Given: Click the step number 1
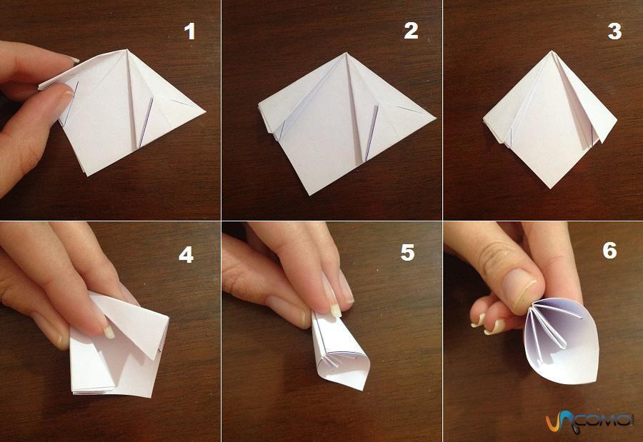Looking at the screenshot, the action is (x=189, y=31).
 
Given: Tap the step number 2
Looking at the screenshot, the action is (x=411, y=31).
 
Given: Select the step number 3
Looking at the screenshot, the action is (x=614, y=31).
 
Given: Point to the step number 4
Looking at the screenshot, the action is (x=186, y=255).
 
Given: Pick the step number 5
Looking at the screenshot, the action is (x=407, y=253).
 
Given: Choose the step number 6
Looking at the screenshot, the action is (x=609, y=250).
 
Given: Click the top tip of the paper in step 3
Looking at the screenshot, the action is (x=552, y=51).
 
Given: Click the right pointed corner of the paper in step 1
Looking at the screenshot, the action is (x=205, y=111).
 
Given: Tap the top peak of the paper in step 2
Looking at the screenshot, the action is (x=347, y=53).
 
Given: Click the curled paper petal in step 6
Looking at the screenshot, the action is (x=562, y=344).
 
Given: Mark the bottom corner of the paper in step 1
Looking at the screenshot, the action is (x=87, y=176).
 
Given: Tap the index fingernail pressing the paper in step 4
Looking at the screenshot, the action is (x=108, y=331).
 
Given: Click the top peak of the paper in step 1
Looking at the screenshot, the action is (x=127, y=50).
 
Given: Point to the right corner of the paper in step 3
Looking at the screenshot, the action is (x=617, y=119).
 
